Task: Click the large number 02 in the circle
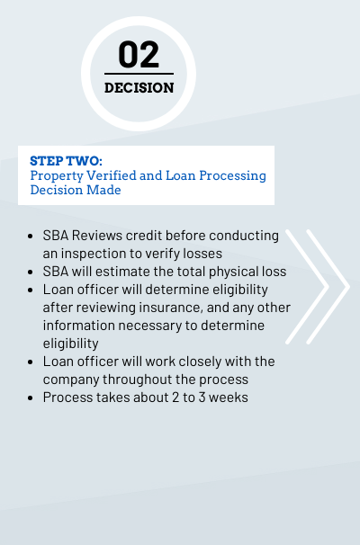coord(139,54)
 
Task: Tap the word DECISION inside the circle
coord(139,88)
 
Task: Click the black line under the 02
coord(139,74)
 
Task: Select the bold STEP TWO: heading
coord(66,161)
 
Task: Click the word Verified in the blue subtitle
coord(112,175)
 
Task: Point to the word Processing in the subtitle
coord(233,176)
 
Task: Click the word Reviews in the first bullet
coord(97,236)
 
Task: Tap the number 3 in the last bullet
coord(202,398)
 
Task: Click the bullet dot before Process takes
coord(31,398)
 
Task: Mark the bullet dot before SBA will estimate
coord(31,272)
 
